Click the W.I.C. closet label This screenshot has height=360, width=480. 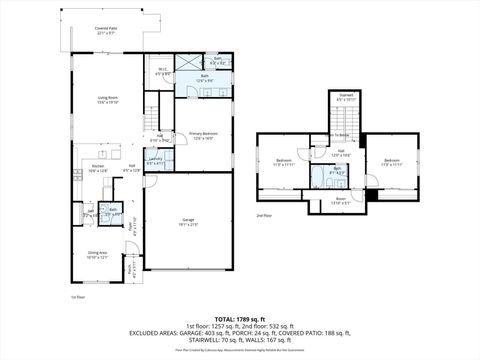click(x=162, y=72)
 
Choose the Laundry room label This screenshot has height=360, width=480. click(x=156, y=160)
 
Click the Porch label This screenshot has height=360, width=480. click(x=132, y=268)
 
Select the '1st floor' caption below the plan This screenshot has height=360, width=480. click(x=77, y=297)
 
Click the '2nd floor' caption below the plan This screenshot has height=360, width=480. click(x=264, y=216)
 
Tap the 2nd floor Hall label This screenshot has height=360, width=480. click(x=343, y=154)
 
